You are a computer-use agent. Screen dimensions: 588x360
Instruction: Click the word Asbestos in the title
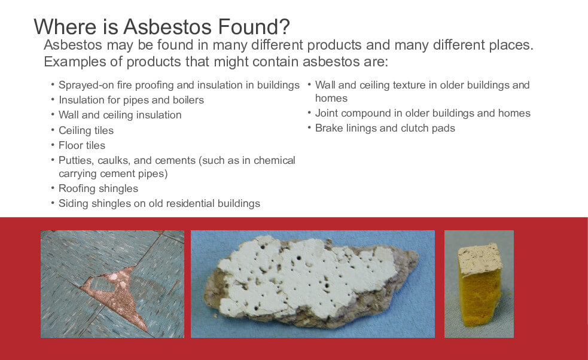168,27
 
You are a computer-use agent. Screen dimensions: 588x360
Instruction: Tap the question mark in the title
285,26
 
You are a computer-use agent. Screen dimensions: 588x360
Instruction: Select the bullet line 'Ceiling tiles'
86,130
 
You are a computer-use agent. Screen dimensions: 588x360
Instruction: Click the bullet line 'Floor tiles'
82,145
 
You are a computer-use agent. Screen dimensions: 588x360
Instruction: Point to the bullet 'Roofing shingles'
98,188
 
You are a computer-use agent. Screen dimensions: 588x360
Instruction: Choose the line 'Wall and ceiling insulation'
120,115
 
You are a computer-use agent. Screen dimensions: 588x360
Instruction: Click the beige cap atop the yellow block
480,259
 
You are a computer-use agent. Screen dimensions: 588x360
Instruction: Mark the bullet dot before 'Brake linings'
309,127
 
